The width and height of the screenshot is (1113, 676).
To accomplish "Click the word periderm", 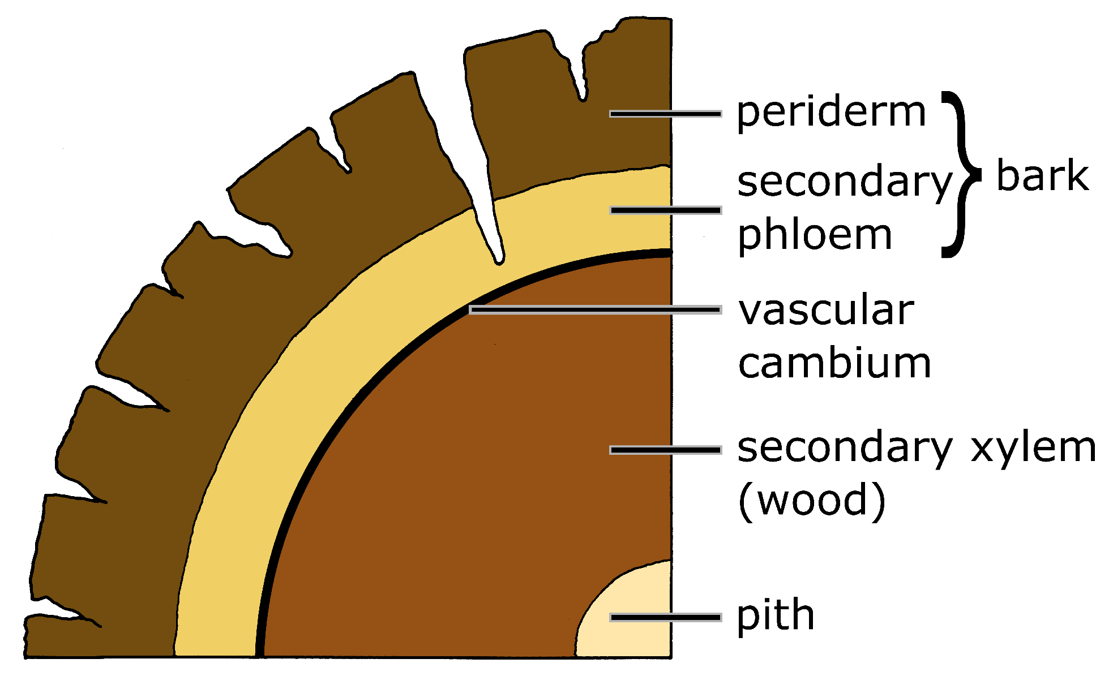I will [831, 113].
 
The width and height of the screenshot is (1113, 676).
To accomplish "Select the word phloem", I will [815, 235].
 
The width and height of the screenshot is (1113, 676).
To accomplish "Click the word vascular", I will [826, 311].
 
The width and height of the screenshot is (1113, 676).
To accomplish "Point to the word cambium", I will [834, 363].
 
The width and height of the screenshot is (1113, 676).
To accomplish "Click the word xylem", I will [1034, 448].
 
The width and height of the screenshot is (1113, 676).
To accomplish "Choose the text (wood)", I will [812, 501].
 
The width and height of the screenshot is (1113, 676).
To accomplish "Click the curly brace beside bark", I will [960, 174].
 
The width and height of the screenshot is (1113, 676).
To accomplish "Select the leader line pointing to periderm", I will [665, 114].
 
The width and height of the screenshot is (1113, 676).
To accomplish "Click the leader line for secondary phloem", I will [665, 210].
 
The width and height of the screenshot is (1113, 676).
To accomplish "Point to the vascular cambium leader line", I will [594, 309].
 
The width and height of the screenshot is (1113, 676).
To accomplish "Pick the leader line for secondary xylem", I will [665, 450].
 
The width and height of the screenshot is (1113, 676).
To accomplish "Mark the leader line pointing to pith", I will [665, 617].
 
